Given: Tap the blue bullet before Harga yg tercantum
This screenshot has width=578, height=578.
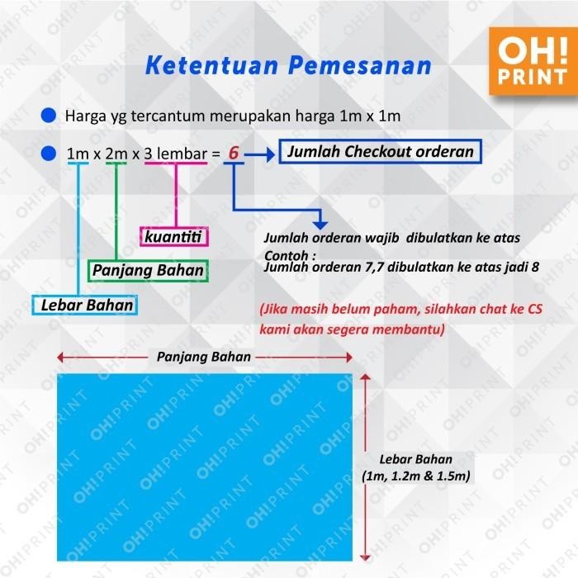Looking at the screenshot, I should pyautogui.click(x=49, y=116).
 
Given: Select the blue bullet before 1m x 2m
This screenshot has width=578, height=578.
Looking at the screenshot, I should pyautogui.click(x=49, y=154).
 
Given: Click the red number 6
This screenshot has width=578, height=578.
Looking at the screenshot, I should pyautogui.click(x=234, y=154).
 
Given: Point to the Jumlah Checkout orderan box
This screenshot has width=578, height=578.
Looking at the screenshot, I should pyautogui.click(x=381, y=152).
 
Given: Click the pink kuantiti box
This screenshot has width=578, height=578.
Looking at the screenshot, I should pyautogui.click(x=174, y=238).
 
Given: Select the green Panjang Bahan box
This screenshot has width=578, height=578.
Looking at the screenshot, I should pyautogui.click(x=147, y=270).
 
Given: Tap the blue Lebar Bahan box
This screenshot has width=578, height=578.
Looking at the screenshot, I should pyautogui.click(x=87, y=306).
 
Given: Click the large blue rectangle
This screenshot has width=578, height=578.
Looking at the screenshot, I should pyautogui.click(x=204, y=467).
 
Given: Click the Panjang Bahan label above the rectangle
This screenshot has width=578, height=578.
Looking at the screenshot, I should pyautogui.click(x=204, y=357).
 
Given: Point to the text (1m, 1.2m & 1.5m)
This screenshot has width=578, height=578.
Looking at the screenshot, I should pyautogui.click(x=416, y=476).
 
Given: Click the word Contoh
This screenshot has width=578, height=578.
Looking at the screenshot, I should pyautogui.click(x=286, y=254).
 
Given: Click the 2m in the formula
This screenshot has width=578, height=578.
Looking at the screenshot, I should pyautogui.click(x=116, y=154).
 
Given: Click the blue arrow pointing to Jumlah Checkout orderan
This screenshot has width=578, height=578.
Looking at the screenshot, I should pyautogui.click(x=262, y=154).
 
